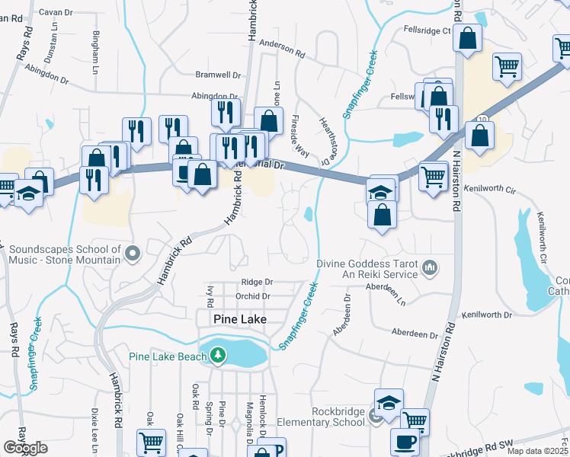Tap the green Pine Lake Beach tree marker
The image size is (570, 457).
218,355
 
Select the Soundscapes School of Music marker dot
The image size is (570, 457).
133,252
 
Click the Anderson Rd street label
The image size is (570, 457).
282,50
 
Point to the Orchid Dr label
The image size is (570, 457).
254,296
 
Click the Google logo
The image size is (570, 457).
25,448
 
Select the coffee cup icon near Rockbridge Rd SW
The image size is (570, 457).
405,441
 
